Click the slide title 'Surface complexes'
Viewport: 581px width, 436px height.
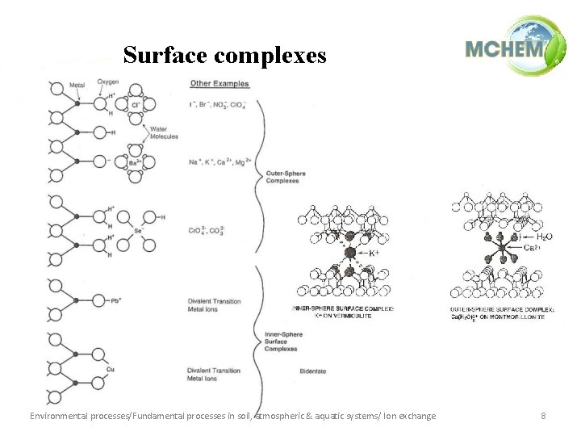224,55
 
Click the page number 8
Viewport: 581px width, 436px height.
543,416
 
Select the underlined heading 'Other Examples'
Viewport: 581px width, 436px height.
219,84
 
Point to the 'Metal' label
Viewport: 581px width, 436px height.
77,85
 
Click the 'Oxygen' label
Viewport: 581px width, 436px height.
108,82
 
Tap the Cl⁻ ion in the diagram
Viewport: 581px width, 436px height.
136,105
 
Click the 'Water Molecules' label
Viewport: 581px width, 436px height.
164,132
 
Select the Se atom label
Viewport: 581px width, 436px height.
138,230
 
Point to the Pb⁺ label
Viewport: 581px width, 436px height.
117,300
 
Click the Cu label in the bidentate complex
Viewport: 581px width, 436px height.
111,369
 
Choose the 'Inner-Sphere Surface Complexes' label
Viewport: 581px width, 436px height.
281,342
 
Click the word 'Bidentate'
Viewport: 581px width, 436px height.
311,371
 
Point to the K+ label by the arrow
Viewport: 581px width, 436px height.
374,253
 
